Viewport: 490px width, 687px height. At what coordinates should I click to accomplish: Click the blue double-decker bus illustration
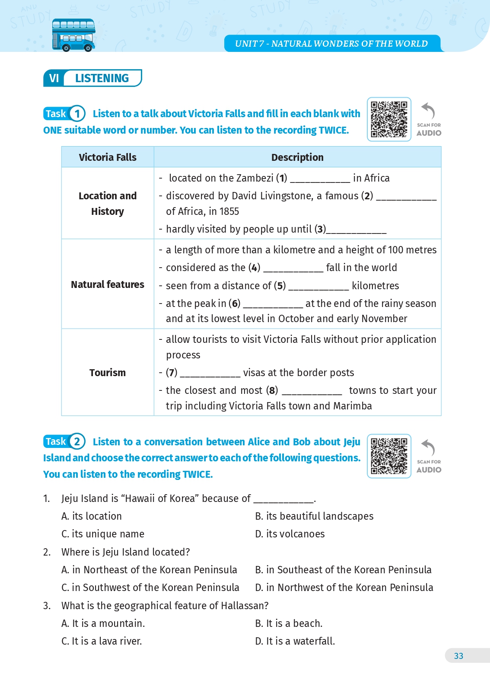[x=73, y=35]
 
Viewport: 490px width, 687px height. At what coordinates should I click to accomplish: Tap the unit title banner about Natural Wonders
[x=331, y=44]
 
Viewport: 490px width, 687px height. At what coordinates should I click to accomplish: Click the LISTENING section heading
[x=102, y=78]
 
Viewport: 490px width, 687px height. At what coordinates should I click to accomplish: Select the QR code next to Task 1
[x=389, y=119]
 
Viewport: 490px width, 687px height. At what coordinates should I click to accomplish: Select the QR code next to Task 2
[x=389, y=456]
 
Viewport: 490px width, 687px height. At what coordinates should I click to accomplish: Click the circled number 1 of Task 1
[x=77, y=114]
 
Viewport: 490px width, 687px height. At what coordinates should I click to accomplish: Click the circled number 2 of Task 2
[x=77, y=441]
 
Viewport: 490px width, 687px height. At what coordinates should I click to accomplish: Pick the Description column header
[x=297, y=157]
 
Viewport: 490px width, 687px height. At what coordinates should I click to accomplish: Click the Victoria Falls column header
[x=108, y=157]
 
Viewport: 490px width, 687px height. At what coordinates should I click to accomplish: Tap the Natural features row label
[x=108, y=284]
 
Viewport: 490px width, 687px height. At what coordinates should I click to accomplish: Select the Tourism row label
[x=108, y=373]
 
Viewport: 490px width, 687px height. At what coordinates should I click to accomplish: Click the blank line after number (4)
[x=293, y=269]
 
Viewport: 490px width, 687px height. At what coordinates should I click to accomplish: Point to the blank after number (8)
[x=312, y=392]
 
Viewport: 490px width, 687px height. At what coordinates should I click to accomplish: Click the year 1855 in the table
[x=229, y=211]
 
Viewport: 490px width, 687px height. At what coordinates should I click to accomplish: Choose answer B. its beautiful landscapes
[x=314, y=516]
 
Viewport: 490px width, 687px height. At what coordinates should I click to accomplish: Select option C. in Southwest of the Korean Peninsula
[x=150, y=588]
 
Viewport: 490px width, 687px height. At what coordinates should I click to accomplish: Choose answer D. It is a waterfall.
[x=295, y=641]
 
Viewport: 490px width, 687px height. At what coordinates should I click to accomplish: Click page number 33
[x=458, y=656]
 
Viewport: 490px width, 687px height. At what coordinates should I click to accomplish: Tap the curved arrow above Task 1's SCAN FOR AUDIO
[x=428, y=111]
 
